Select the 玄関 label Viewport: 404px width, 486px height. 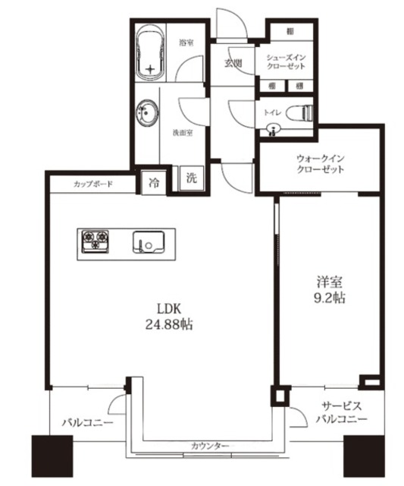tap(232, 63)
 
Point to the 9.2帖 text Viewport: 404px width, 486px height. tap(327, 298)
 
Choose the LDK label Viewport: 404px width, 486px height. tap(168, 309)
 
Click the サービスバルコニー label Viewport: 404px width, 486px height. tap(341, 413)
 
